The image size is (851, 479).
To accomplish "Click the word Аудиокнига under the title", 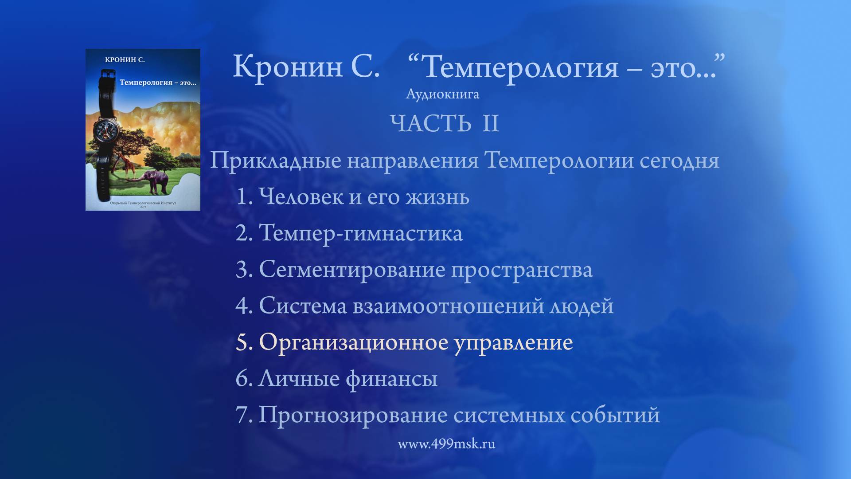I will pos(442,94).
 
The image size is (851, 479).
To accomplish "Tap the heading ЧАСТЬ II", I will pos(445,123).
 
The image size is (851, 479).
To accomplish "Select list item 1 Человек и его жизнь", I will pos(353,196).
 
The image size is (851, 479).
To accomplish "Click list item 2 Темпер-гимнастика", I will pos(349,233).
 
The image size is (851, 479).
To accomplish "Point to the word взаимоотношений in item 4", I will pos(448,306).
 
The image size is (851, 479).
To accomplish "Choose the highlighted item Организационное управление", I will pos(415,342).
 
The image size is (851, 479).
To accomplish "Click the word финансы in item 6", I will pos(391,379).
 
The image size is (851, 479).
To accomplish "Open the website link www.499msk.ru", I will pos(446,444).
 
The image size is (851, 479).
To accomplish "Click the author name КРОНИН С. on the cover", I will pos(125,60).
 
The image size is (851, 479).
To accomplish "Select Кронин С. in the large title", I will pos(306,67).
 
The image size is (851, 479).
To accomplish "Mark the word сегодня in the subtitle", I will pos(679,160).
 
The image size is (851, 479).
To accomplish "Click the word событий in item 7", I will pos(615,415).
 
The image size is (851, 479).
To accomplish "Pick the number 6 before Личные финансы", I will pos(244,378).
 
